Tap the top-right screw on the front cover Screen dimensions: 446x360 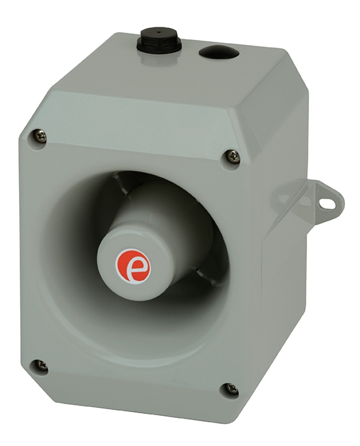pyautogui.click(x=232, y=155)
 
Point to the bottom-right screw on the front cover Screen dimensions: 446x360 pyautogui.click(x=231, y=389)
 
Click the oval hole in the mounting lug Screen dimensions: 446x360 pyautogui.click(x=327, y=203)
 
